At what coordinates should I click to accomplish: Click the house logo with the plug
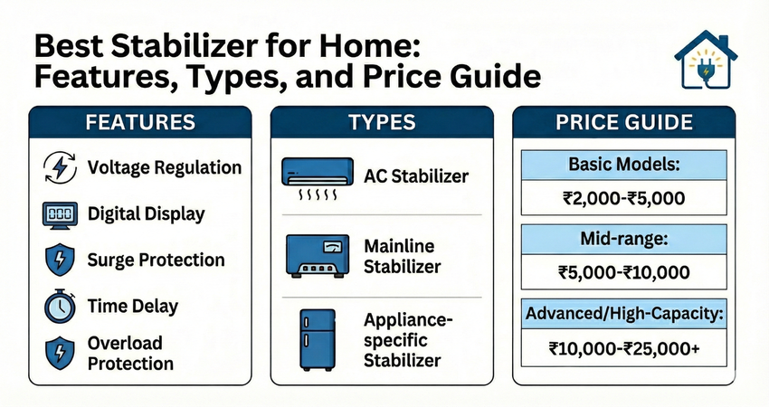(706, 60)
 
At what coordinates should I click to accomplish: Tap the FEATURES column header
(140, 122)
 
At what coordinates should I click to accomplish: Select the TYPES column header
(382, 122)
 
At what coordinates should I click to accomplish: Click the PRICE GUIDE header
(624, 122)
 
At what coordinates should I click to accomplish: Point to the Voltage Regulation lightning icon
(60, 167)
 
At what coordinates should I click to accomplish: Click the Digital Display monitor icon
(60, 214)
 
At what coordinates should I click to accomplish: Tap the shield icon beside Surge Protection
(60, 260)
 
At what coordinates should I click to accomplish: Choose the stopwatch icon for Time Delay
(60, 306)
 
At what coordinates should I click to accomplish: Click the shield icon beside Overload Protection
(60, 353)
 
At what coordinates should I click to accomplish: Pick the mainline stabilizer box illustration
(318, 256)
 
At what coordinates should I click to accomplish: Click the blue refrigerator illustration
(318, 339)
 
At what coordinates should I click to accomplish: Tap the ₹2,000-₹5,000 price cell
(624, 197)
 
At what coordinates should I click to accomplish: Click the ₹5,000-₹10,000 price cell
(624, 271)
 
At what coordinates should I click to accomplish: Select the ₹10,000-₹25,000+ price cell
(624, 347)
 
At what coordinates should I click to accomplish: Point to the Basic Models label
(624, 165)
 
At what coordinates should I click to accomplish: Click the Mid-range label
(624, 239)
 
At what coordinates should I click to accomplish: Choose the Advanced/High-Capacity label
(624, 313)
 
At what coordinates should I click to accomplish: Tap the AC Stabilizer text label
(416, 176)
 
